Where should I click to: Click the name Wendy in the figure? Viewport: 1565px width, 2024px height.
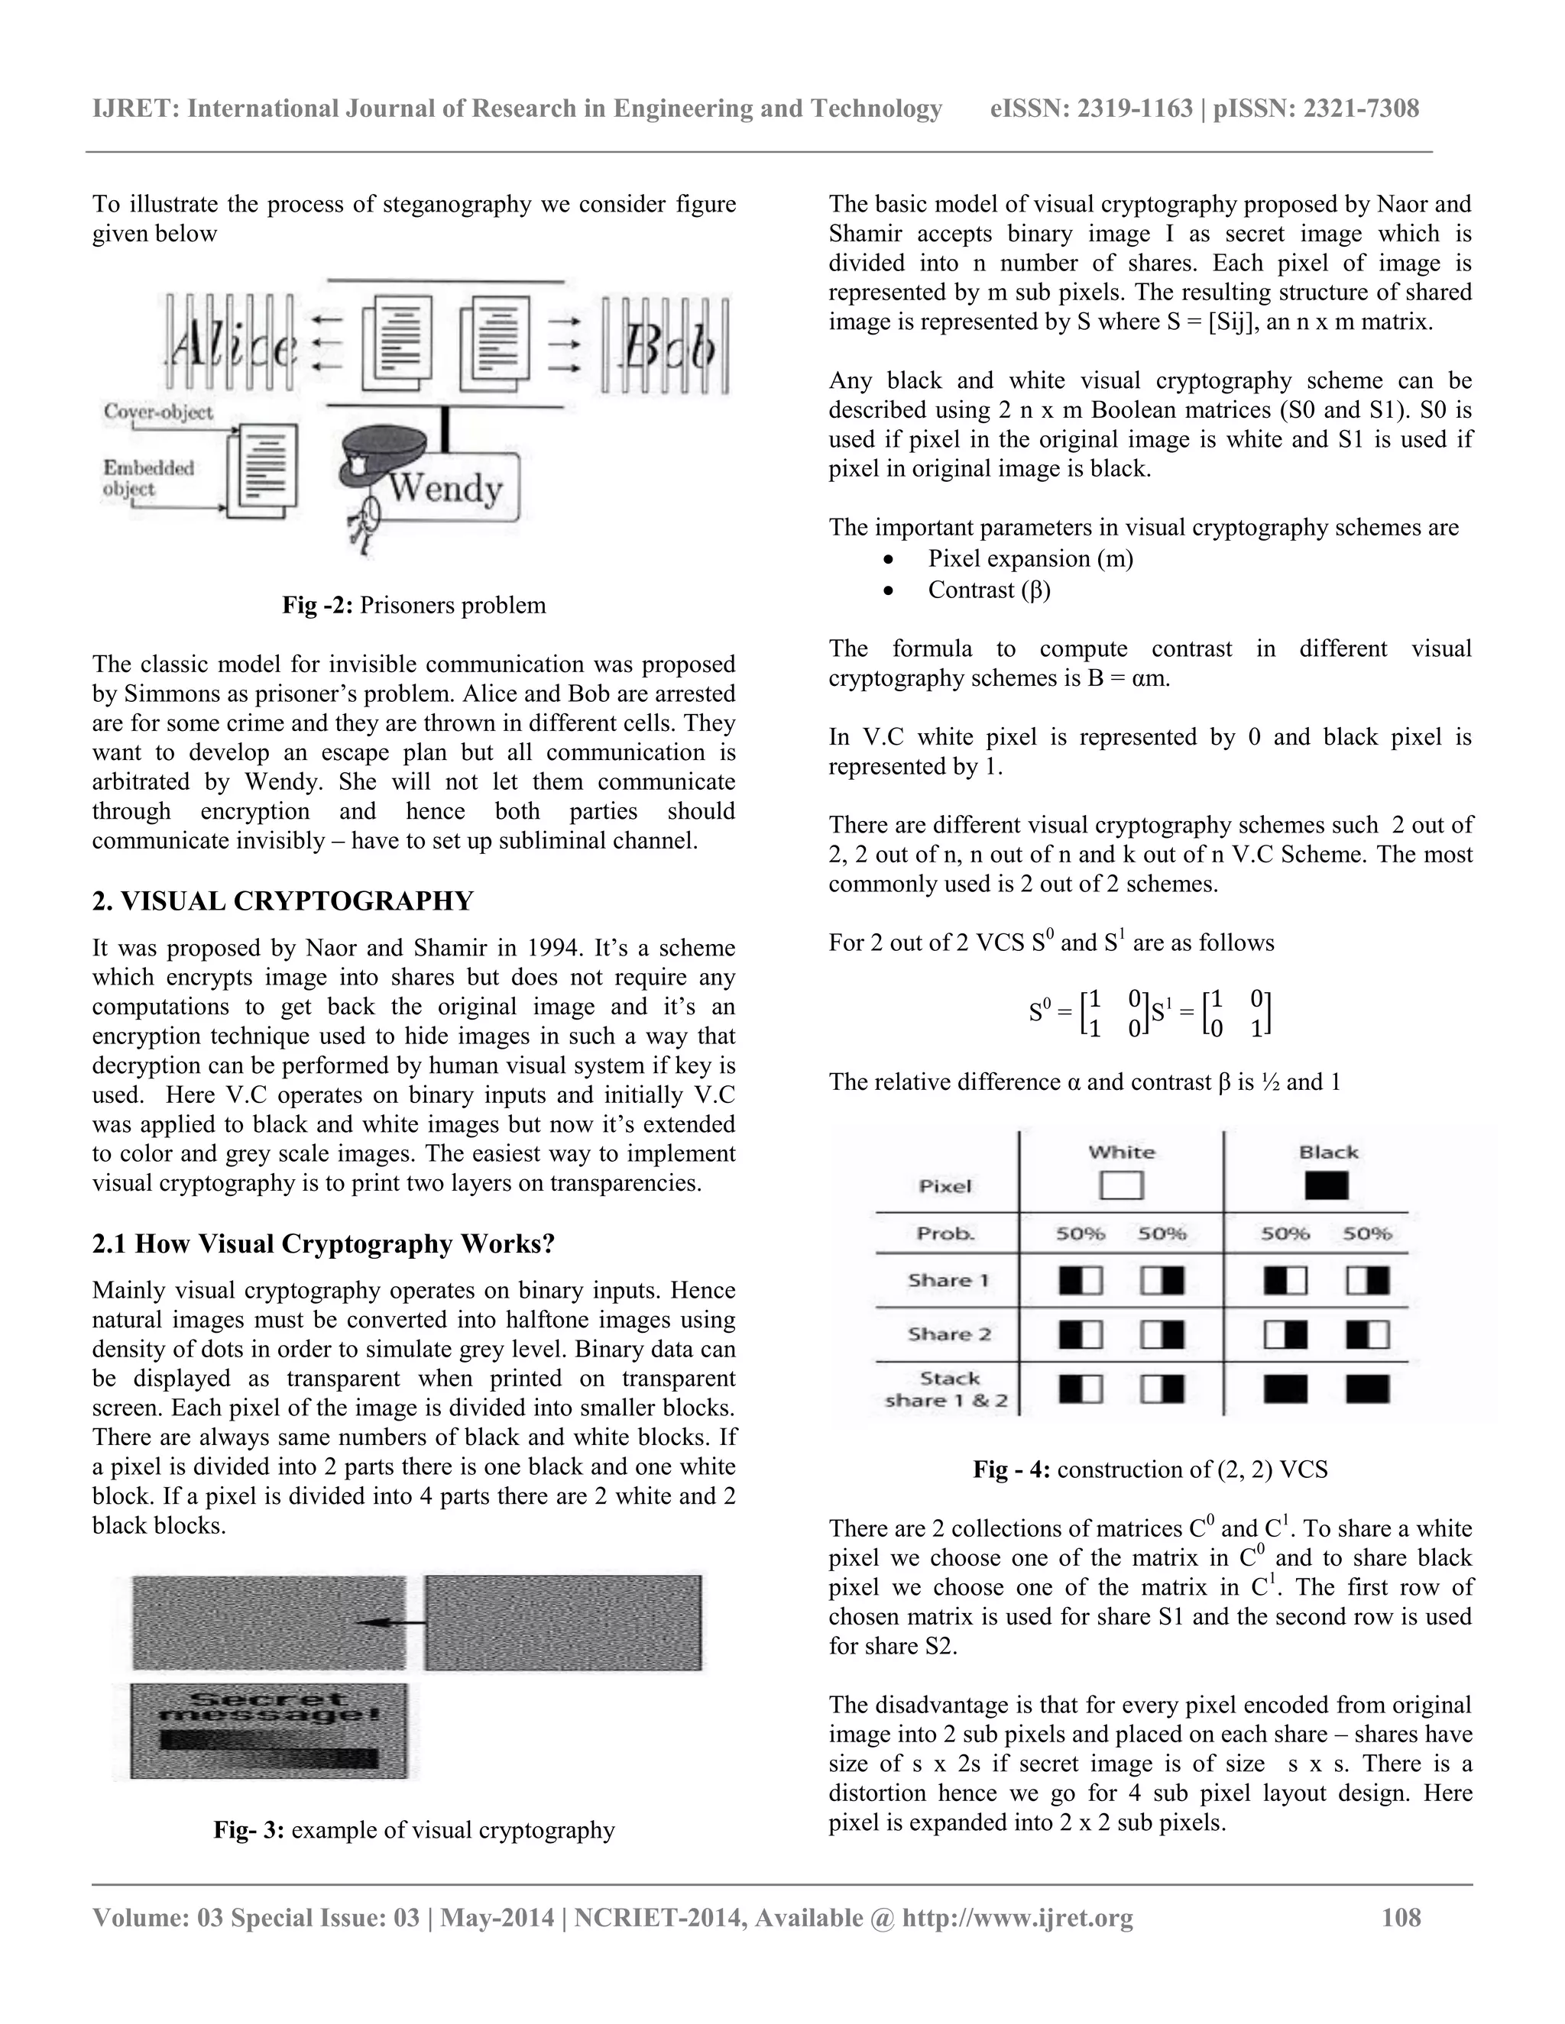tap(444, 487)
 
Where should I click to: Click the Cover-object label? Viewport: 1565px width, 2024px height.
tap(158, 412)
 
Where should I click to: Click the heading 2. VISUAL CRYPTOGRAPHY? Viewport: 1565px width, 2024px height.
tap(283, 900)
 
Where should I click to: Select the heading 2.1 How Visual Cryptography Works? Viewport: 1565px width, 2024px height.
tap(322, 1243)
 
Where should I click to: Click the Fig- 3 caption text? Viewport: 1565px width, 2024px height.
tap(413, 1829)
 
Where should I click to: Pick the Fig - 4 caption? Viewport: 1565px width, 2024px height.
tap(1149, 1469)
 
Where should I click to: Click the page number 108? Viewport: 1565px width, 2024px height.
tap(1400, 1916)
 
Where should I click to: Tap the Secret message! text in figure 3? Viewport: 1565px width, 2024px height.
tap(269, 1708)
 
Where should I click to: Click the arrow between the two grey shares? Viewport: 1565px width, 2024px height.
tap(390, 1623)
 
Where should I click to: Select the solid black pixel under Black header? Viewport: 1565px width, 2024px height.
tap(1326, 1185)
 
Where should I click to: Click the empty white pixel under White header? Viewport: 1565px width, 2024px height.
tap(1121, 1185)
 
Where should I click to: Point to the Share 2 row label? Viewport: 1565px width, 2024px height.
tap(948, 1334)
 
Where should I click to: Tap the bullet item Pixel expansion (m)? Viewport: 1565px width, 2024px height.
tap(1030, 559)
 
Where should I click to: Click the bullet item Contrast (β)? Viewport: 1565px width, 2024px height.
tap(990, 590)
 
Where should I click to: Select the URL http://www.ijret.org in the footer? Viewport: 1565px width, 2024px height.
tap(1017, 1916)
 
